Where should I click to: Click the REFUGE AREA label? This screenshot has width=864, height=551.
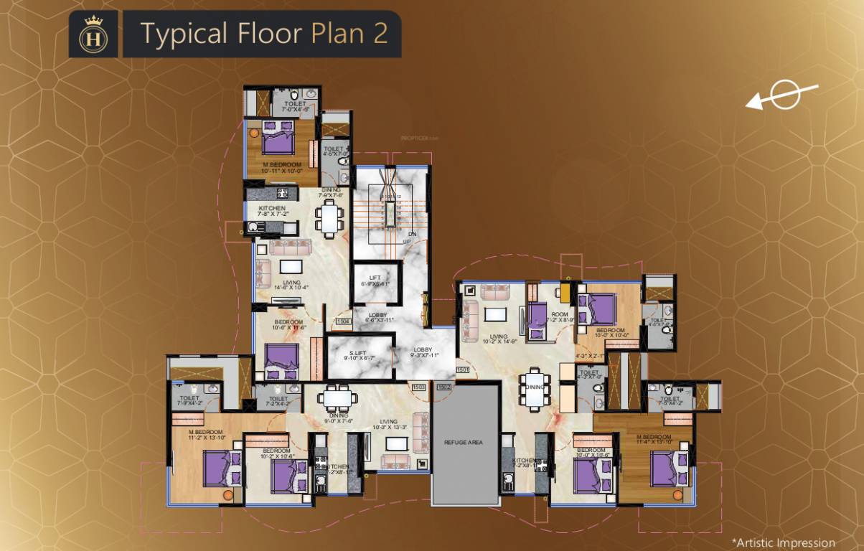464,443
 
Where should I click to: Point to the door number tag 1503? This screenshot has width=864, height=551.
419,387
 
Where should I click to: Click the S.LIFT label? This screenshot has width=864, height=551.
359,354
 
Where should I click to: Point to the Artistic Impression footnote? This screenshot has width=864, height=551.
783,543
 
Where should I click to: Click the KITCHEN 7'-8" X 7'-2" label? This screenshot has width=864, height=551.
271,212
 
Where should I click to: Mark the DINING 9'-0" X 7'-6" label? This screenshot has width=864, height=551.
337,418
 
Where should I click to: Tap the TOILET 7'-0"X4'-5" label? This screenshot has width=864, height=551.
294,106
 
